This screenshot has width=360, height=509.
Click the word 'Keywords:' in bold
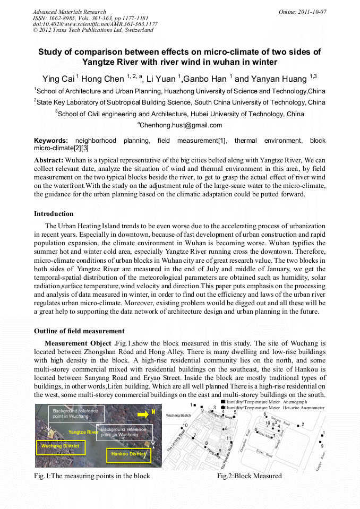[x=51, y=141]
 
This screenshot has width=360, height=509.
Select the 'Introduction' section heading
[x=54, y=214]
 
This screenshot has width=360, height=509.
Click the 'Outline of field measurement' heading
[x=79, y=331]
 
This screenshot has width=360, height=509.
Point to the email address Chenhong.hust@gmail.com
[x=181, y=125]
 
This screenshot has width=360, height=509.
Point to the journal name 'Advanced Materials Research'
[x=70, y=12]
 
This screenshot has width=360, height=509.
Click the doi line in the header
[x=95, y=24]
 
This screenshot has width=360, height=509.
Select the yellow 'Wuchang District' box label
[x=60, y=446]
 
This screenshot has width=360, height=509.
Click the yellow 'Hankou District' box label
[x=128, y=454]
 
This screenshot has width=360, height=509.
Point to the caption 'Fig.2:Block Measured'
[x=249, y=476]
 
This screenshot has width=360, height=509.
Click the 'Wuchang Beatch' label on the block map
[x=178, y=416]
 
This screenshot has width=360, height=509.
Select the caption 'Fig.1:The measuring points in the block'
[x=92, y=476]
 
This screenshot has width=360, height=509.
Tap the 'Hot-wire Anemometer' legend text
[x=304, y=408]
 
